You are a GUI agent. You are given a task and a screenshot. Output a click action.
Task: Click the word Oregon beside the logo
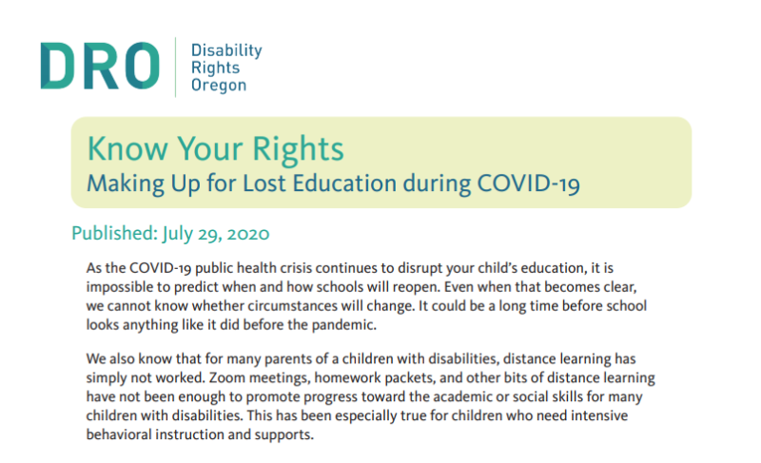219,85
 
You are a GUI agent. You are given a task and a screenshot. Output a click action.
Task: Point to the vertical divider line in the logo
176,66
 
